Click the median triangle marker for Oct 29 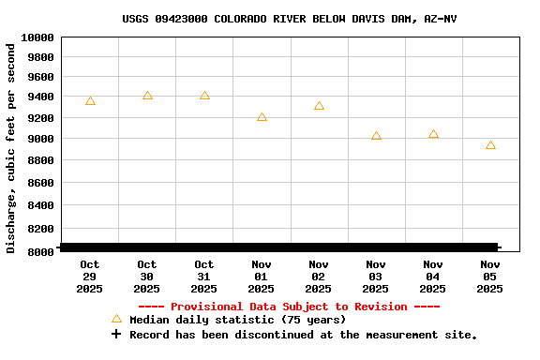pyautogui.click(x=90, y=100)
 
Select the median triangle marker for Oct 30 pyautogui.click(x=147, y=96)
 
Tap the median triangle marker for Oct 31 pyautogui.click(x=204, y=96)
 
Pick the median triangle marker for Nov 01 pyautogui.click(x=262, y=117)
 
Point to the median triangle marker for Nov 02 pyautogui.click(x=319, y=106)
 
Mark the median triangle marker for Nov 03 pyautogui.click(x=376, y=136)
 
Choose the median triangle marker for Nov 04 pyautogui.click(x=433, y=134)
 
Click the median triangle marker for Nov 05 pyautogui.click(x=490, y=145)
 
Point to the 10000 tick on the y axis pyautogui.click(x=37, y=37)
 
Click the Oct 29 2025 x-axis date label pyautogui.click(x=90, y=277)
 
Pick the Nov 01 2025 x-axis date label pyautogui.click(x=262, y=277)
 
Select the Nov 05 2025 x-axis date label pyautogui.click(x=490, y=277)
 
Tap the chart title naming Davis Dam pyautogui.click(x=290, y=19)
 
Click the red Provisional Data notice pyautogui.click(x=289, y=307)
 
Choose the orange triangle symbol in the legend pyautogui.click(x=116, y=319)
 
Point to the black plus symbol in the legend pyautogui.click(x=116, y=334)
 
